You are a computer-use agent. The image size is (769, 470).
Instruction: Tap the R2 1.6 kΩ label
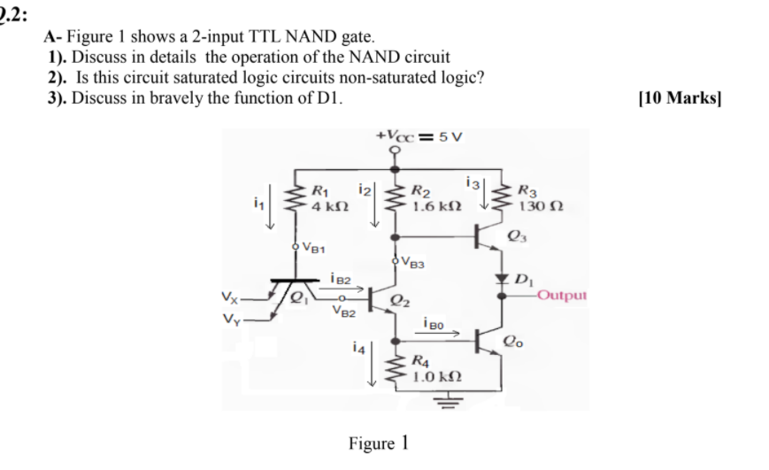(431, 199)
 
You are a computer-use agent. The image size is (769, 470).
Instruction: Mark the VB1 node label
(314, 247)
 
